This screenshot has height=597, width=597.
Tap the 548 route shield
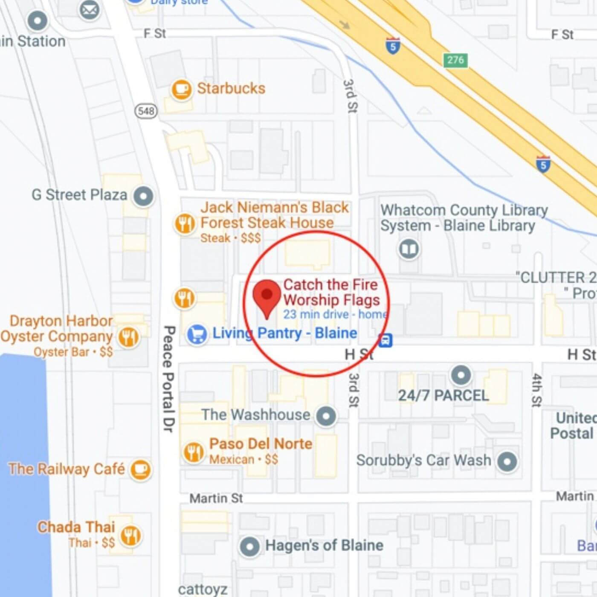click(146, 111)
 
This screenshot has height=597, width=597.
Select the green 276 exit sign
click(455, 60)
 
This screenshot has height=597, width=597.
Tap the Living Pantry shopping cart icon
click(197, 334)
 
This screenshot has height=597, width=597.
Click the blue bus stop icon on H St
click(385, 340)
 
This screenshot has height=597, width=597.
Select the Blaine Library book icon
click(409, 249)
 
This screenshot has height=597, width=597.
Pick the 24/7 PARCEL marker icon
click(461, 375)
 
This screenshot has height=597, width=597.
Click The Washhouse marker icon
click(326, 415)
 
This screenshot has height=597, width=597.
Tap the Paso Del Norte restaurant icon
click(194, 452)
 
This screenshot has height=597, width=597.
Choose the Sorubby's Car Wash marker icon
click(507, 461)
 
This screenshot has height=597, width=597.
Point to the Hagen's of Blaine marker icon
click(249, 546)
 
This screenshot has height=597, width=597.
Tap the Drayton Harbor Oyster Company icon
click(128, 337)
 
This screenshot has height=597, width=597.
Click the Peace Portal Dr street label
click(169, 379)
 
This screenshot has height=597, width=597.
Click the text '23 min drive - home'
click(335, 315)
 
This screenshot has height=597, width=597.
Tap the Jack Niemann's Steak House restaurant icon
click(185, 223)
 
